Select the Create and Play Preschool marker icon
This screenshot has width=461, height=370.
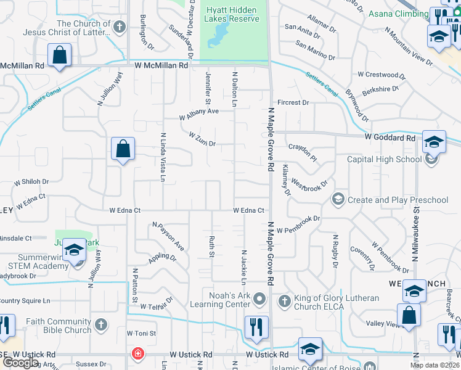pyautogui.click(x=338, y=199)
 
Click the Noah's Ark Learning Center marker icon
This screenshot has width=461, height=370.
pyautogui.click(x=259, y=300)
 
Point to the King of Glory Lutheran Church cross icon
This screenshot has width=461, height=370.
pyautogui.click(x=284, y=301)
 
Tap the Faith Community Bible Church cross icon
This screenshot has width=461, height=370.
pyautogui.click(x=102, y=324)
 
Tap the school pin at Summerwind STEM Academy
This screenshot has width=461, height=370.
pyautogui.click(x=73, y=250)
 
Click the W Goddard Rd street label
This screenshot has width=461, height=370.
pyautogui.click(x=390, y=138)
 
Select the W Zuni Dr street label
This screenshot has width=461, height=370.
pyautogui.click(x=202, y=139)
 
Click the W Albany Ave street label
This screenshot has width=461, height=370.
pyautogui.click(x=199, y=114)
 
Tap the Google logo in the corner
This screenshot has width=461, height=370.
pyautogui.click(x=20, y=363)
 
